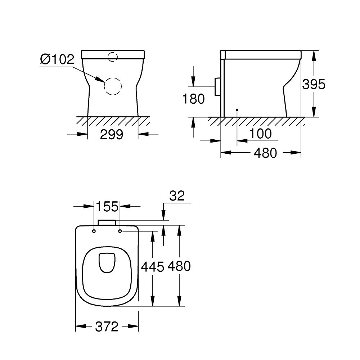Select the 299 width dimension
112,135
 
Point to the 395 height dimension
314,84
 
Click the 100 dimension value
260,134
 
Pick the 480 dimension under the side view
265,153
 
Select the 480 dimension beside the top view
179,266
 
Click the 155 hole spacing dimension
107,207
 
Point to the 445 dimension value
152,267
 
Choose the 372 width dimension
107,327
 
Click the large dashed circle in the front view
113,86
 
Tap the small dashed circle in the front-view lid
113,56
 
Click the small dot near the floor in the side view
237,109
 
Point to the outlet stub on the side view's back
217,86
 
